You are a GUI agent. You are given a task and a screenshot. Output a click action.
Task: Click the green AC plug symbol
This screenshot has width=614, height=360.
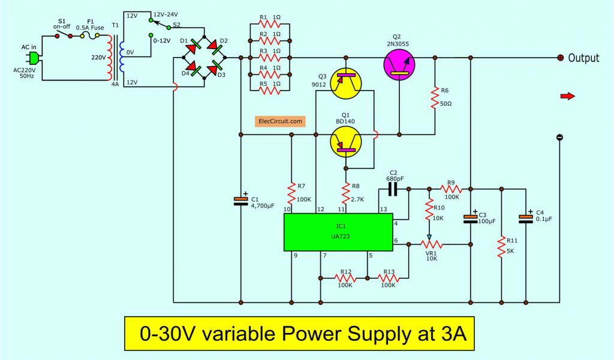34,58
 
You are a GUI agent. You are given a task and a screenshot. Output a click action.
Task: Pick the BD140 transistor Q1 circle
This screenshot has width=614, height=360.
347,141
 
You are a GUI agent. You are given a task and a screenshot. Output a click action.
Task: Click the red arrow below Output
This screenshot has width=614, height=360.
567,95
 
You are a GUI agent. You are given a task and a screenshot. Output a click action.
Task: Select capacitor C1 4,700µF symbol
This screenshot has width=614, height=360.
240,200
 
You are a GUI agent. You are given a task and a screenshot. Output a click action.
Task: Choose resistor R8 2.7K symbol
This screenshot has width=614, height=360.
346,193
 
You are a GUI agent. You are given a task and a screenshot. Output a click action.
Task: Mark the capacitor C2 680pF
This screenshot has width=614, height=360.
393,190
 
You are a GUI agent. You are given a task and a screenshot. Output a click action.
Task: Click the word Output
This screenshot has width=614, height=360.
583,58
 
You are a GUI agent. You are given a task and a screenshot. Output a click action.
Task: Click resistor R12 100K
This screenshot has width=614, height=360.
345,278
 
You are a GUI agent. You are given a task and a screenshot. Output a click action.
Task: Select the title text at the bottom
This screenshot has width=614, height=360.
298,333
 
